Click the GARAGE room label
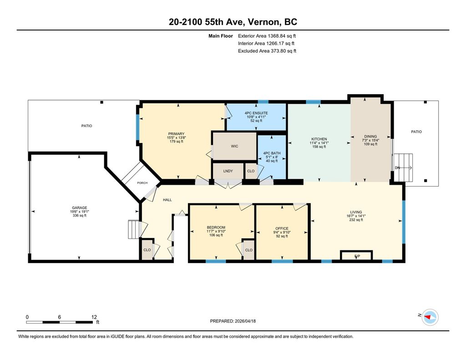(79, 208)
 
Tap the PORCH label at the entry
(142, 183)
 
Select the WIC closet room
(234, 146)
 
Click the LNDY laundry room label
(228, 171)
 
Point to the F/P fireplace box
(356, 255)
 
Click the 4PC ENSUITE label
(256, 113)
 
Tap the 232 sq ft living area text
(356, 220)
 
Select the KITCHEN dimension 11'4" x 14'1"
(319, 143)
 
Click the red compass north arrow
(429, 317)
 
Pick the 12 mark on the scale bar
(94, 317)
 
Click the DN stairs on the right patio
(403, 167)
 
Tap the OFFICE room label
(282, 228)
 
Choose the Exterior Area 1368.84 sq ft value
(267, 36)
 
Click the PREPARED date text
(233, 321)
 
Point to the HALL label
(167, 200)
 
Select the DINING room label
(370, 137)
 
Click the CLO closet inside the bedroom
(249, 250)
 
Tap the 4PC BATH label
(272, 153)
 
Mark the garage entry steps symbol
(133, 229)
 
